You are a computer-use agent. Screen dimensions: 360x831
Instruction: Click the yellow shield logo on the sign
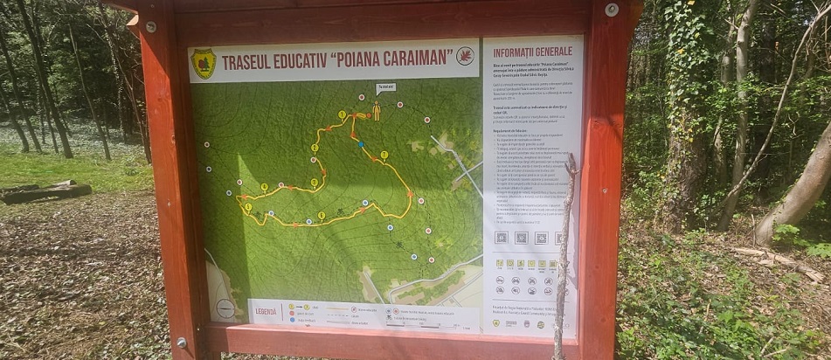click(204, 63)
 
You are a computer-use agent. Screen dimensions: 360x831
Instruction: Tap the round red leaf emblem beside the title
click(465, 56)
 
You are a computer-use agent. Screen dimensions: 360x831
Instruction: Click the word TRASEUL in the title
click(249, 63)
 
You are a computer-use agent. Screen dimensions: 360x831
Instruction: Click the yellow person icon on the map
click(376, 111)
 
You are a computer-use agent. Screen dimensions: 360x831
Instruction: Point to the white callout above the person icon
click(385, 87)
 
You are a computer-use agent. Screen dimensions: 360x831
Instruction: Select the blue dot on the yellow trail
click(360, 143)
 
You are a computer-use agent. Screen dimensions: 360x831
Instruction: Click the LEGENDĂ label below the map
click(266, 310)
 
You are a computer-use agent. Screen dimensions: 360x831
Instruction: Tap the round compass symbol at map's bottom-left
click(225, 308)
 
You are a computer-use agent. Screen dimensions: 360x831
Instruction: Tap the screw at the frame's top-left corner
click(151, 27)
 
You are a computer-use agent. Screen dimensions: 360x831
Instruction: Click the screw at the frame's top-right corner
click(612, 10)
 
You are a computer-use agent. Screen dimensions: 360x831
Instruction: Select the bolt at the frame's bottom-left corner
click(182, 342)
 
